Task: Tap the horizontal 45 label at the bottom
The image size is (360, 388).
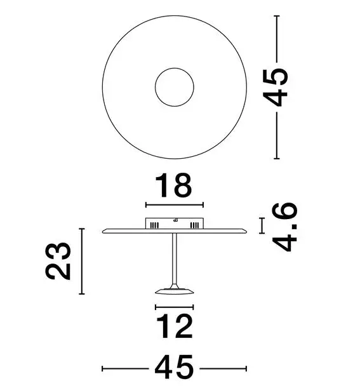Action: coord(174,367)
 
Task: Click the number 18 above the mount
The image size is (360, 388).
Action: coord(175,187)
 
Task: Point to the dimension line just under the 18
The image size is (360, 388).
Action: coord(175,204)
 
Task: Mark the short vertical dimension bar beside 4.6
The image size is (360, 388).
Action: coord(261,225)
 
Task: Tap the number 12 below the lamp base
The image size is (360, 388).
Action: coord(174,327)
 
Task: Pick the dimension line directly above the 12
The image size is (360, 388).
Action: coord(175,307)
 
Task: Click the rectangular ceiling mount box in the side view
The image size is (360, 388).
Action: coord(175,224)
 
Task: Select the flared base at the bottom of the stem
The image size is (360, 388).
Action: coord(175,291)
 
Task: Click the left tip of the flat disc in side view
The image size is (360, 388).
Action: coord(104,231)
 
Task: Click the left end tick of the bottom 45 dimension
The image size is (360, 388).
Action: coord(103,368)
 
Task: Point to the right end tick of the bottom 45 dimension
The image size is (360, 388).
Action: coord(246,368)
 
